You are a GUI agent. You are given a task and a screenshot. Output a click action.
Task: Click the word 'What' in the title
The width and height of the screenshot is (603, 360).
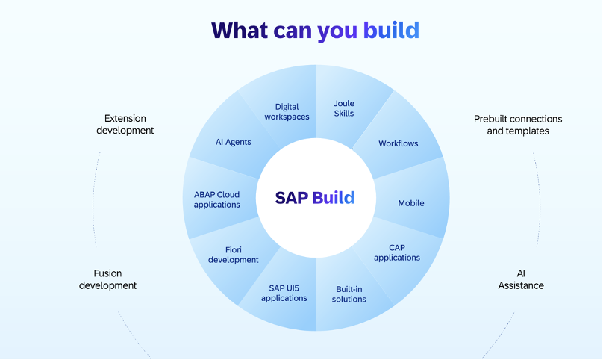[238, 30]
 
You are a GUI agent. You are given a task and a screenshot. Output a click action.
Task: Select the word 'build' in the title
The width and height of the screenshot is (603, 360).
[391, 30]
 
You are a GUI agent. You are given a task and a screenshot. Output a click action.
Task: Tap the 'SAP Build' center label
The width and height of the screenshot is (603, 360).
[314, 198]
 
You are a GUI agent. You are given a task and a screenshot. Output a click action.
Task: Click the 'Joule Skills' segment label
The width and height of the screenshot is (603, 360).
[344, 109]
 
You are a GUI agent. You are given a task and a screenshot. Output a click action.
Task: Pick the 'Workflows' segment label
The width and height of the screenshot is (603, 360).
[398, 143]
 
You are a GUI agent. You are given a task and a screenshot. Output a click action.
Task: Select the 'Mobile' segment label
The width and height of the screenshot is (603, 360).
[411, 203]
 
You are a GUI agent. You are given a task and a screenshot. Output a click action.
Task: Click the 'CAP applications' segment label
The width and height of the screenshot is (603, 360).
[396, 252]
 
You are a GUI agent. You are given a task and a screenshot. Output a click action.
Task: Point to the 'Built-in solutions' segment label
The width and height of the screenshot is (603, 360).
[349, 294]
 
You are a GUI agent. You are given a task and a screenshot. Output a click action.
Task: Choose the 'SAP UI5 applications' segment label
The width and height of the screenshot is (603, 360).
[284, 293]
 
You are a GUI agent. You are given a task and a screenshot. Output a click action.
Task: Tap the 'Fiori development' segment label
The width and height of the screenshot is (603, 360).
[234, 255]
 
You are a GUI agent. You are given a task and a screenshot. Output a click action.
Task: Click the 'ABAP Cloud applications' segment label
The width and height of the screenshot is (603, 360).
[216, 199]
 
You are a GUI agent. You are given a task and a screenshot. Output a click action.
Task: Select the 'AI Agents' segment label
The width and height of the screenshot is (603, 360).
[234, 142]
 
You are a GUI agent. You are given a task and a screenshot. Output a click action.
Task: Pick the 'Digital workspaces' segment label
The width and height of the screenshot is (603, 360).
[287, 112]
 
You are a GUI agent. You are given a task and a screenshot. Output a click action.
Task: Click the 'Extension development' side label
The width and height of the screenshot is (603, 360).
[125, 124]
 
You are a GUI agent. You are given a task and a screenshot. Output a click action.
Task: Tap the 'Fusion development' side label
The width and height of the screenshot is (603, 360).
[108, 279]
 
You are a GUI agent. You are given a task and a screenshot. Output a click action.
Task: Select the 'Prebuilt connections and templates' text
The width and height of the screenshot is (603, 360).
[518, 125]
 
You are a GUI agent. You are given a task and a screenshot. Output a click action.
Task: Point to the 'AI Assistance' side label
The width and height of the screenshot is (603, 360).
[521, 279]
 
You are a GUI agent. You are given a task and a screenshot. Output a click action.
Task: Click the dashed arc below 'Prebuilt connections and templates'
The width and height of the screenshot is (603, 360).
[538, 198]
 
